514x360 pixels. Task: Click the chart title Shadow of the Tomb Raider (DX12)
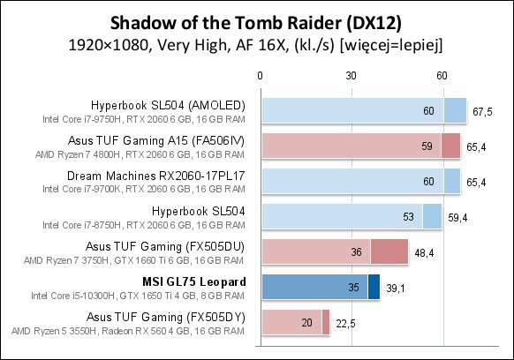pos(256,23)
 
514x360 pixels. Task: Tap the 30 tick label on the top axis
pos(351,76)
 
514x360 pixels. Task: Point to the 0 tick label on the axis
pos(260,76)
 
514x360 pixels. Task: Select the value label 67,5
pos(482,112)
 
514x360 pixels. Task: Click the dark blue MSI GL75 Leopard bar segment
pos(374,287)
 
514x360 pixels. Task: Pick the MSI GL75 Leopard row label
pos(194,281)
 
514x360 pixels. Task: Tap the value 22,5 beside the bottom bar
pos(345,324)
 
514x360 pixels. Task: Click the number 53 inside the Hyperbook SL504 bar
pos(408,216)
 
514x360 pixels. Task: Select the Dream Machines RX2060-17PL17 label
pos(156,176)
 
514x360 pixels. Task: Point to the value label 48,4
pos(424,253)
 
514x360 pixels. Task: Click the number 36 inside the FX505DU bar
pos(356,251)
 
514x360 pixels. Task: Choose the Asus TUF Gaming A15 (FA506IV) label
pos(156,140)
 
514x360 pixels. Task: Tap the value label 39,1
pos(396,289)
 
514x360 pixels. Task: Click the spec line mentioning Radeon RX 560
pos(128,331)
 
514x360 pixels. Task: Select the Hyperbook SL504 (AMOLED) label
pos(168,105)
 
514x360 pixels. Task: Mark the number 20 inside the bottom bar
pos(306,323)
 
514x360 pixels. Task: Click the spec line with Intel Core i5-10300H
pos(138,296)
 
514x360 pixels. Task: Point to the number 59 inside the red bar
pos(427,146)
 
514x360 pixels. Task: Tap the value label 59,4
pos(457,218)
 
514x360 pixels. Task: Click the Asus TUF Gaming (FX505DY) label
pos(166,317)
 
